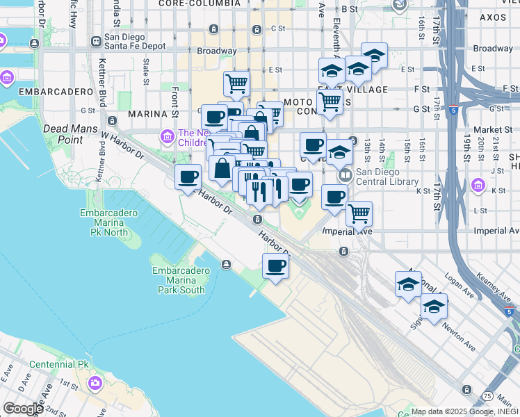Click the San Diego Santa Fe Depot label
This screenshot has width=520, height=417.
click(x=135, y=42)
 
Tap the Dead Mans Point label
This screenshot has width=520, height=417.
click(x=66, y=133)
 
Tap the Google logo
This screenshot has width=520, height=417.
click(x=23, y=408)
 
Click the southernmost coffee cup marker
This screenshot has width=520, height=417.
click(x=276, y=266)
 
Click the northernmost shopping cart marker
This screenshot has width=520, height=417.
click(x=237, y=84)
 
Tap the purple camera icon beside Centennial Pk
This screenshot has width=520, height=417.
click(x=95, y=382)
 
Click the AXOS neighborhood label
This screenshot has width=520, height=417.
click(x=493, y=17)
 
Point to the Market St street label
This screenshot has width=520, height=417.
click(x=493, y=130)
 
